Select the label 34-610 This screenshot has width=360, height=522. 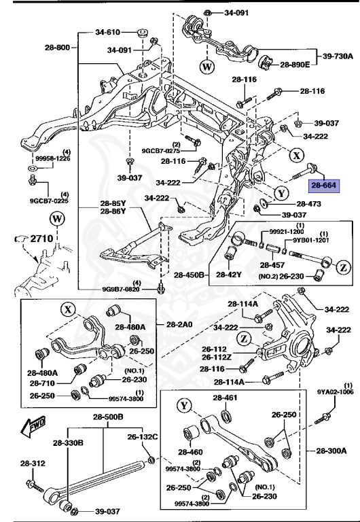click(x=107, y=32)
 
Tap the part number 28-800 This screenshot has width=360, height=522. click(x=57, y=47)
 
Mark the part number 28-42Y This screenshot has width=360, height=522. click(x=230, y=294)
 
